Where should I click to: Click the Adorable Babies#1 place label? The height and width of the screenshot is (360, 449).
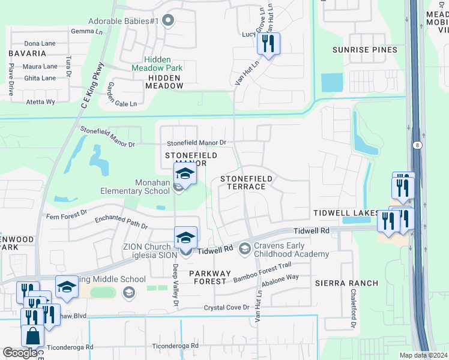tap(123, 20)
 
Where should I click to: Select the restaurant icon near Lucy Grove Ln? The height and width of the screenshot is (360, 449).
tap(268, 43)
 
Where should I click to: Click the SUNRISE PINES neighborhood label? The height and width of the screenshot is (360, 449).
tap(366, 50)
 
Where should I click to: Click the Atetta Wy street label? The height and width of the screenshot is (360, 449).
tap(40, 102)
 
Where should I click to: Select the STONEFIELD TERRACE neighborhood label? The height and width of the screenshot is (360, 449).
tap(246, 182)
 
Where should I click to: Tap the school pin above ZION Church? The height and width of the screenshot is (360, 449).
tap(185, 238)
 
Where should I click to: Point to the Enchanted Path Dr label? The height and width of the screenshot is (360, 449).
tap(121, 222)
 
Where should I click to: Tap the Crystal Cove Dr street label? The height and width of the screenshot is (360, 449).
tap(226, 307)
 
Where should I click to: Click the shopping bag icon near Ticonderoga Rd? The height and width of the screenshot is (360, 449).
tap(32, 337)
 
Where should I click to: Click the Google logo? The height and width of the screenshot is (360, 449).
tap(20, 353)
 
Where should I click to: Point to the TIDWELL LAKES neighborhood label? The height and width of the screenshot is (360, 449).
tap(345, 213)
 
